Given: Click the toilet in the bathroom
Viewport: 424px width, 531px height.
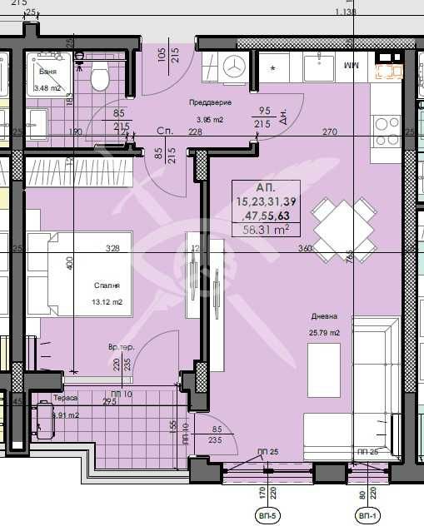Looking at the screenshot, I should click(100, 77).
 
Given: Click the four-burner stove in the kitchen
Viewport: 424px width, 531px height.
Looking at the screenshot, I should click(387, 127).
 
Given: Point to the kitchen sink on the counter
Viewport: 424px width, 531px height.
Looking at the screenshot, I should click(318, 66).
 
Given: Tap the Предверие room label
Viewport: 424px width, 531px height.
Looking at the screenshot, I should click(211, 102).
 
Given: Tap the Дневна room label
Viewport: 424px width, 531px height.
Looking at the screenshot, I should click(325, 317).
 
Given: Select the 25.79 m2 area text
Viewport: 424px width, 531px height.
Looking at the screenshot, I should click(325, 333).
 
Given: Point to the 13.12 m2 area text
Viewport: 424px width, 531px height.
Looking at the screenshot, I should click(107, 302).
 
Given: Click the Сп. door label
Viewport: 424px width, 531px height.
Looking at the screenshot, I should click(163, 132).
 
